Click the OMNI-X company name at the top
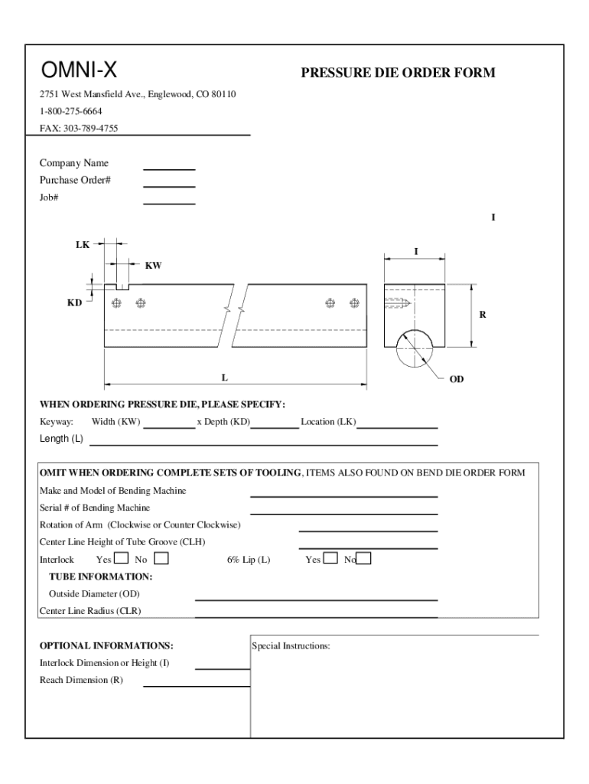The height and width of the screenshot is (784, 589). pyautogui.click(x=79, y=71)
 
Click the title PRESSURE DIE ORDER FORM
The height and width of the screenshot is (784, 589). pyautogui.click(x=398, y=73)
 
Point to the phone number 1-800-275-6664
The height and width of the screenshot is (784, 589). pyautogui.click(x=71, y=111)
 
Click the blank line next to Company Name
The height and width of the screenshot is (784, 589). pyautogui.click(x=169, y=168)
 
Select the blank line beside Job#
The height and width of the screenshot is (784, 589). pyautogui.click(x=169, y=203)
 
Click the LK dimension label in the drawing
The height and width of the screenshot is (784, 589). pyautogui.click(x=82, y=245)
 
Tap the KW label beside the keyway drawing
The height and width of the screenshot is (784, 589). pyautogui.click(x=153, y=266)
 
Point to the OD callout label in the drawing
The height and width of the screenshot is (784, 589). pyautogui.click(x=456, y=379)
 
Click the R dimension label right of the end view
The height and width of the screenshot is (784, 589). pyautogui.click(x=483, y=315)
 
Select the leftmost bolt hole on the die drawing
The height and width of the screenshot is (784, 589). pyautogui.click(x=116, y=303)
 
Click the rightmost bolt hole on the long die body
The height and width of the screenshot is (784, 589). pyautogui.click(x=354, y=303)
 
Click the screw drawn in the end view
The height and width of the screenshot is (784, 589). pyautogui.click(x=398, y=303)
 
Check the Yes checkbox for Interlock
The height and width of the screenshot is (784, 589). pyautogui.click(x=121, y=559)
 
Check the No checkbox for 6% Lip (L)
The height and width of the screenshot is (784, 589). pyautogui.click(x=364, y=559)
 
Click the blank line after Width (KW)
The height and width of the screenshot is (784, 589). pyautogui.click(x=169, y=427)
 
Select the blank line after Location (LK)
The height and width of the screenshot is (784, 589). pyautogui.click(x=397, y=427)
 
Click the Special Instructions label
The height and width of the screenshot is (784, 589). pyautogui.click(x=291, y=646)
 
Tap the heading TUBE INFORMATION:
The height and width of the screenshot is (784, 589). pyautogui.click(x=100, y=577)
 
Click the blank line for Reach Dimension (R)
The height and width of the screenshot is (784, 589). pyautogui.click(x=197, y=685)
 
